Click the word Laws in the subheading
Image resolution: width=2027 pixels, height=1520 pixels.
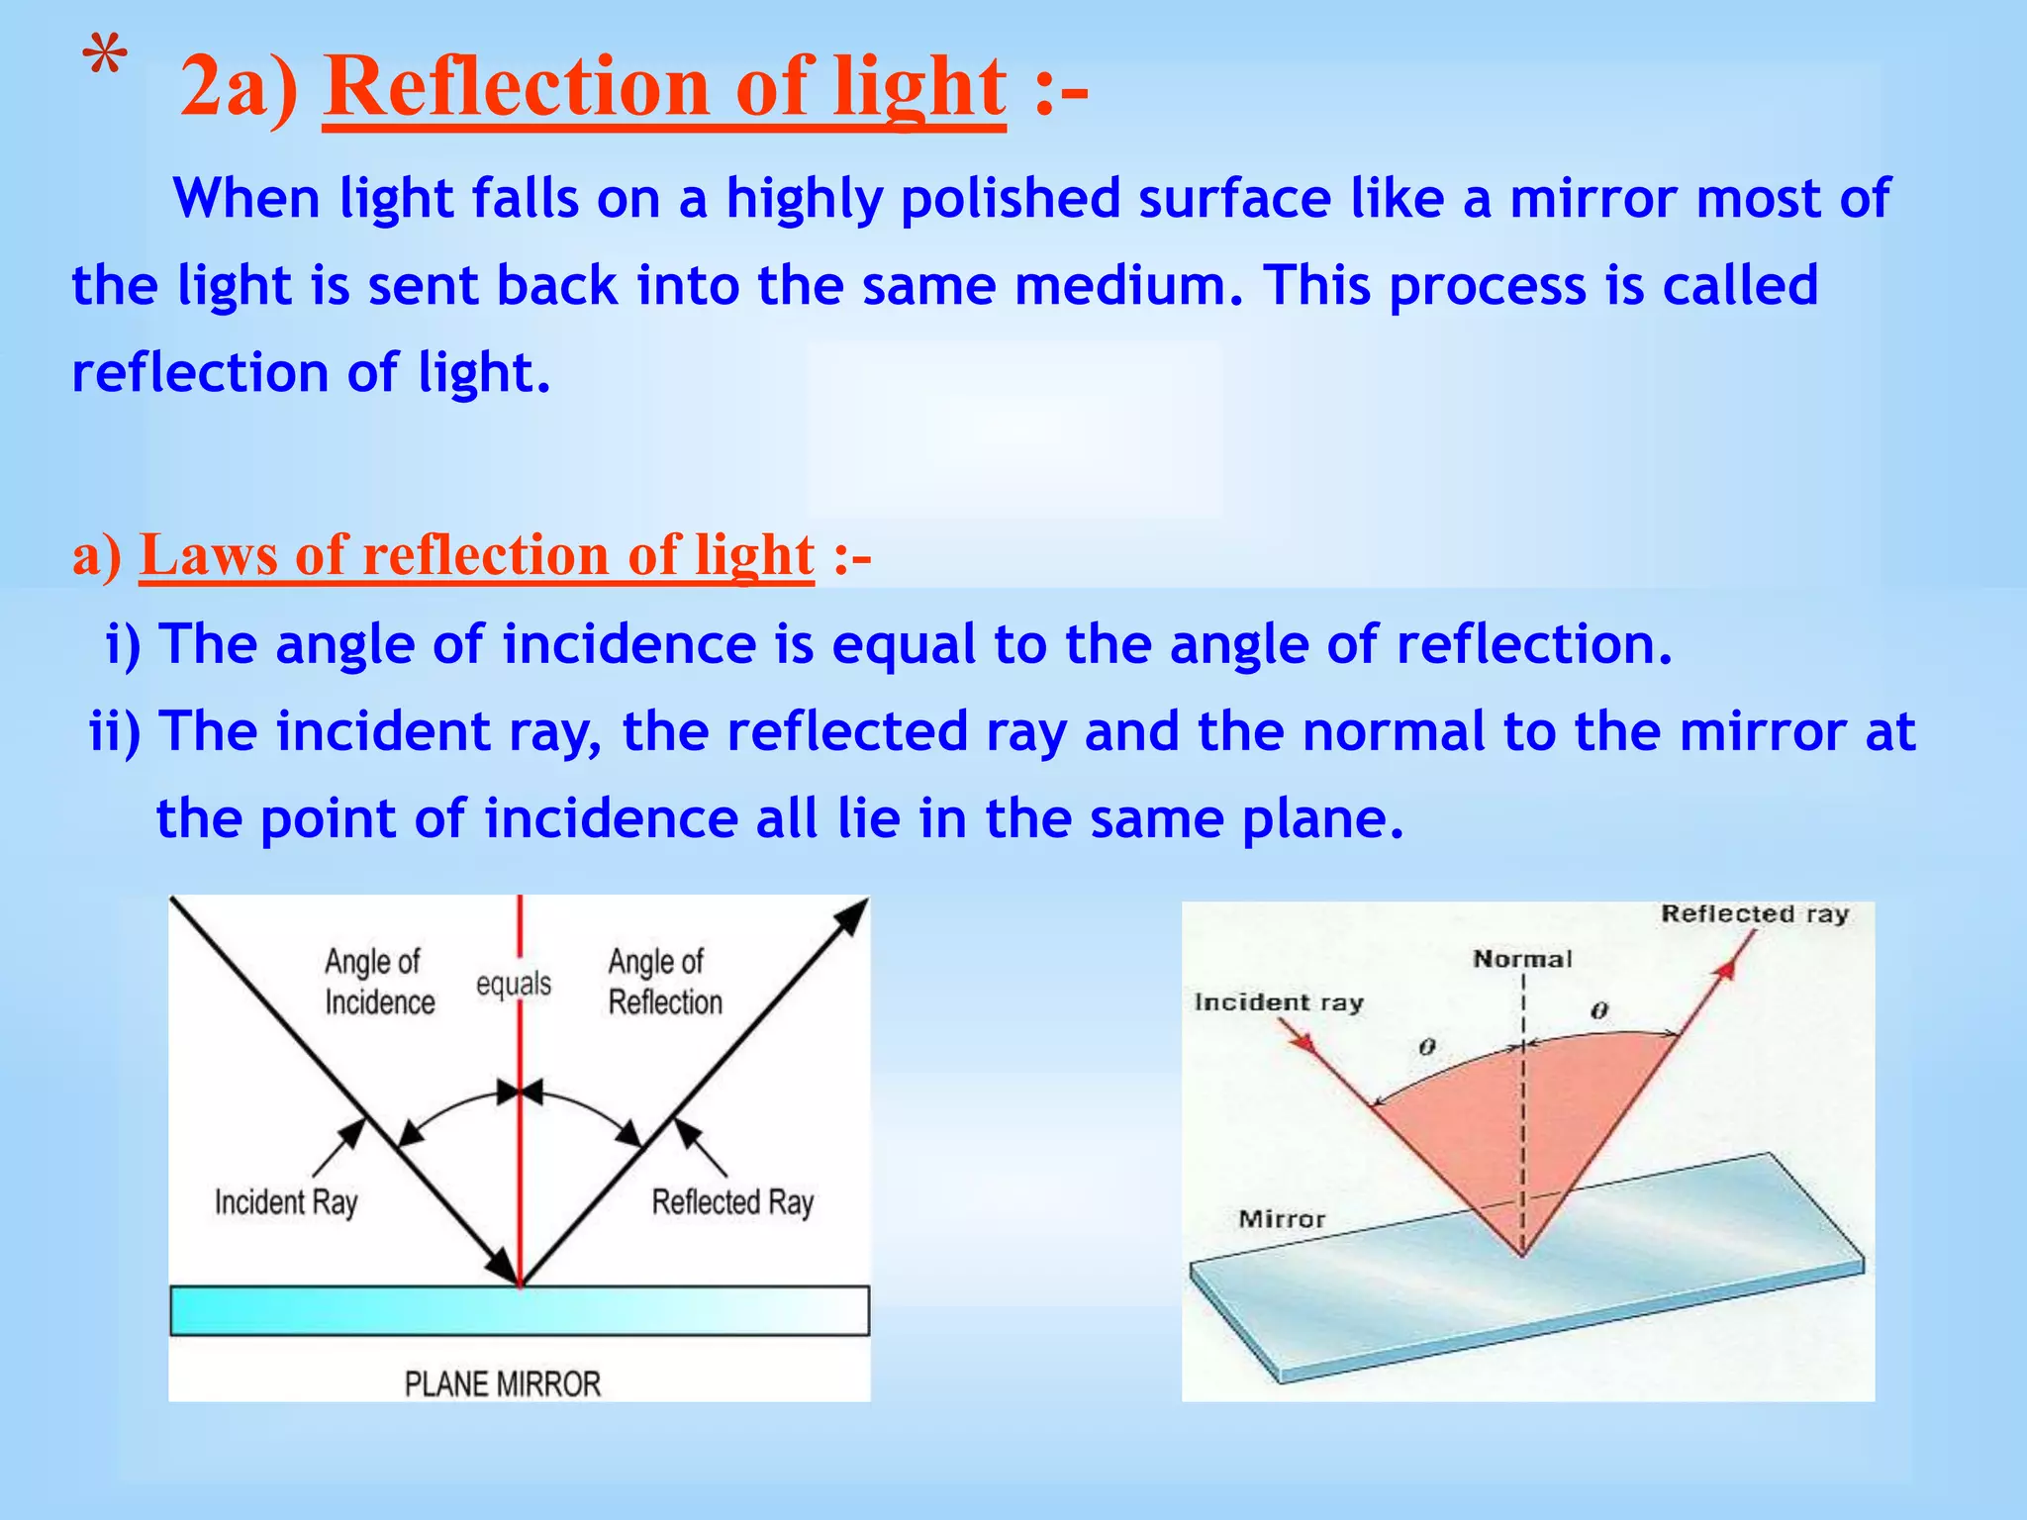click(208, 555)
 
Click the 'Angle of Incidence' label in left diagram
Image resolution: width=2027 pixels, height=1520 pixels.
click(379, 982)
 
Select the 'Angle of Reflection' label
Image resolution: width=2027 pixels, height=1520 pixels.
click(664, 982)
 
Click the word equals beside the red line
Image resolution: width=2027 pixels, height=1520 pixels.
click(513, 985)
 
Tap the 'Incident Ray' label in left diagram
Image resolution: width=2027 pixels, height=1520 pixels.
click(286, 1203)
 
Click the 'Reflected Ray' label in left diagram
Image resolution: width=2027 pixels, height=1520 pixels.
click(732, 1203)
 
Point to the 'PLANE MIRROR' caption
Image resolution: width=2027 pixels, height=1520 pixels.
click(503, 1383)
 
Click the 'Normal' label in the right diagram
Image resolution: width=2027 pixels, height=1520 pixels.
click(1521, 959)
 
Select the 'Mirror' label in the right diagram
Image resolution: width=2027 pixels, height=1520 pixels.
click(1281, 1219)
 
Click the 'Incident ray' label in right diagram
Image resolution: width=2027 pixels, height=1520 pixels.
click(1278, 1002)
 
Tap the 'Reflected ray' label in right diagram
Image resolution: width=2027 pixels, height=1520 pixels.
click(1754, 913)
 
